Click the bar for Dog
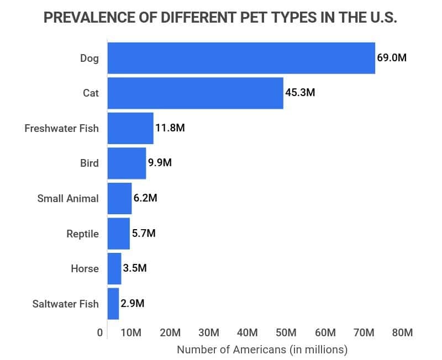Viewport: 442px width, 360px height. click(241, 58)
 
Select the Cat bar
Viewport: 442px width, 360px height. click(195, 93)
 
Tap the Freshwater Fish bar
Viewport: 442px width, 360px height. click(130, 128)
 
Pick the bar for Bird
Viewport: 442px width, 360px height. click(127, 163)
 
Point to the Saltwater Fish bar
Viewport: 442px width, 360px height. click(113, 304)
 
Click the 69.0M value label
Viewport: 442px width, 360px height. click(392, 57)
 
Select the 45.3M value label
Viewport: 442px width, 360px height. click(300, 93)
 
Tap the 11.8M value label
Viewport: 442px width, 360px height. click(170, 128)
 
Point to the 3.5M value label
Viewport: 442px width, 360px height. click(135, 268)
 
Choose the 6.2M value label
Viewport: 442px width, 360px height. click(145, 198)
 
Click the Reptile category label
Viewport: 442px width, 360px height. click(82, 234)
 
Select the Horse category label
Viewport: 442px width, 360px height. click(85, 269)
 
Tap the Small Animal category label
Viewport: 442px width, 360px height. click(68, 198)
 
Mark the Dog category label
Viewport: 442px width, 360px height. click(89, 57)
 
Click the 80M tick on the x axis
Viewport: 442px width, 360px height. click(402, 333)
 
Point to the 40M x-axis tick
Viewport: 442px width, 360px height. click(247, 333)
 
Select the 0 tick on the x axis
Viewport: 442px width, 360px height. click(100, 333)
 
